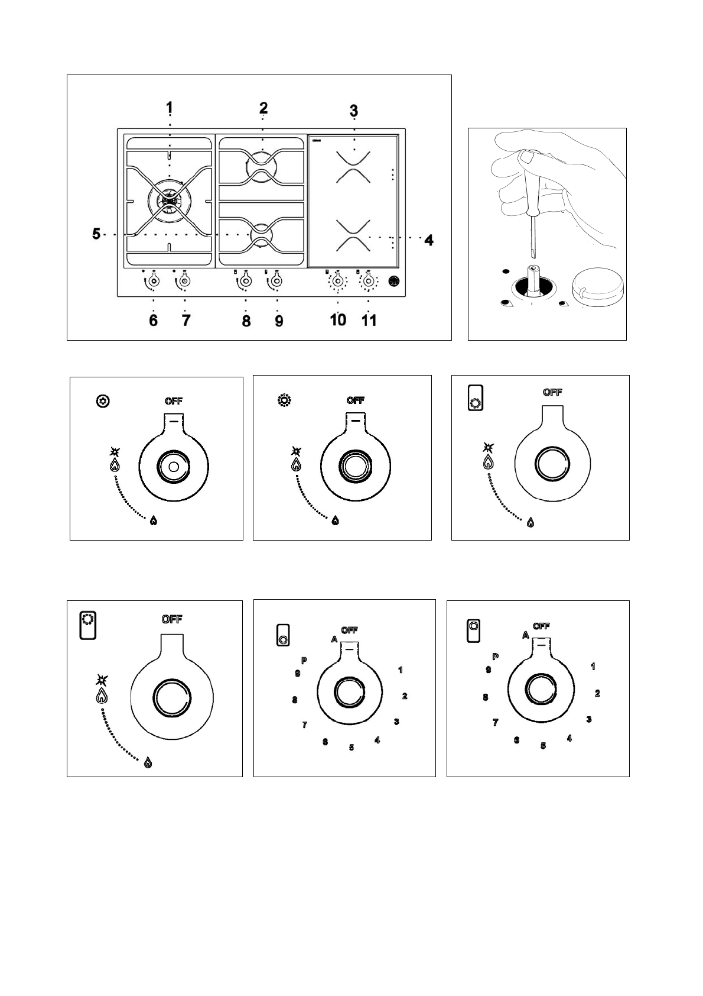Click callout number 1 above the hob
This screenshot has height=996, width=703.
coord(170,108)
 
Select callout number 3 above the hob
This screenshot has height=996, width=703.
coord(353,111)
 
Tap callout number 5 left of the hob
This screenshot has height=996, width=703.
coord(96,234)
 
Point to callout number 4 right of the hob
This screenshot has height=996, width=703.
coord(429,240)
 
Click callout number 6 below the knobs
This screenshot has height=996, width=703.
coord(154,321)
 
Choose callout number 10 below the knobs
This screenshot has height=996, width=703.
coord(338,320)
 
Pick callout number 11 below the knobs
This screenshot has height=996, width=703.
coord(369,320)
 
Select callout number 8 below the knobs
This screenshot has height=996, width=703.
coord(246,321)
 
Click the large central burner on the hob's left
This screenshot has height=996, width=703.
coord(169,200)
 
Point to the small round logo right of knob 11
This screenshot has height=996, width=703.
coord(394,282)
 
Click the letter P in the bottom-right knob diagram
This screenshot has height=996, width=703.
coord(495,657)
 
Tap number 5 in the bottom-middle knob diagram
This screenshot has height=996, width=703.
coord(351,747)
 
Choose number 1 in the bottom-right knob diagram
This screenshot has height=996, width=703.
coord(593,667)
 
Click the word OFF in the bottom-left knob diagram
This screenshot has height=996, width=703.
coord(172,619)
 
